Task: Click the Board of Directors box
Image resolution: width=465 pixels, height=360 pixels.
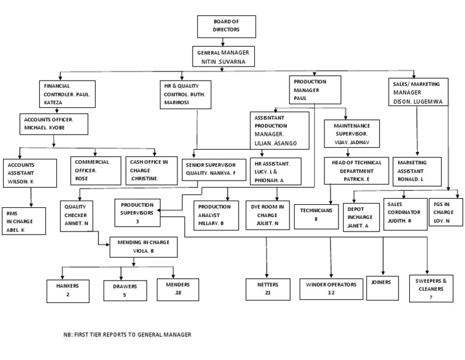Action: pyautogui.click(x=226, y=27)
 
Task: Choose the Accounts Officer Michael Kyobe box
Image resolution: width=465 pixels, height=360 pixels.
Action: pyautogui.click(x=54, y=124)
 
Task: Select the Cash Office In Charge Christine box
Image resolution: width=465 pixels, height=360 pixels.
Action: pyautogui.click(x=150, y=170)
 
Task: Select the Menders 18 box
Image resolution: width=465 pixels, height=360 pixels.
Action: pyautogui.click(x=174, y=289)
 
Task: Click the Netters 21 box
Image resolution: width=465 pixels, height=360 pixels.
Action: pyautogui.click(x=266, y=289)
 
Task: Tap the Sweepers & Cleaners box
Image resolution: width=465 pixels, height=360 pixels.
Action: pyautogui.click(x=431, y=289)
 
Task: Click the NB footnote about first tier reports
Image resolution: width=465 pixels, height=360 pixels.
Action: pyautogui.click(x=127, y=335)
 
